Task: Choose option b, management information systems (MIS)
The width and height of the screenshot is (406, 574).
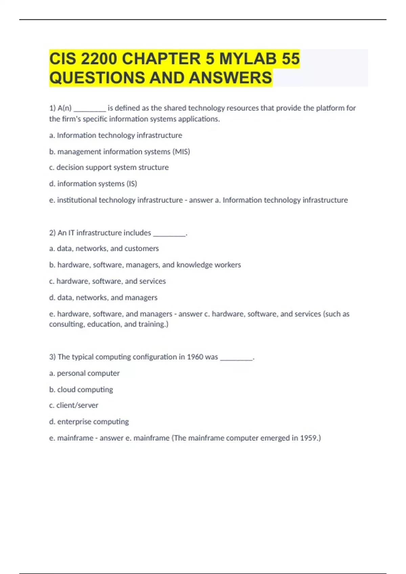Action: pyautogui.click(x=119, y=152)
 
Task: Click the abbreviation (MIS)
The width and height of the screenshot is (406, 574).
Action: pyautogui.click(x=181, y=152)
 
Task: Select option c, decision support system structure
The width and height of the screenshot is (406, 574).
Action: pyautogui.click(x=109, y=167)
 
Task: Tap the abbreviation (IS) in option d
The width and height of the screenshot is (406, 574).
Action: pyautogui.click(x=132, y=184)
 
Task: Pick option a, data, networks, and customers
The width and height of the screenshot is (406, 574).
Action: pyautogui.click(x=104, y=249)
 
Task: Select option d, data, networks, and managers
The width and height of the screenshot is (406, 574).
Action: pyautogui.click(x=103, y=297)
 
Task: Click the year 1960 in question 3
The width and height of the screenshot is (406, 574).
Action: pyautogui.click(x=195, y=357)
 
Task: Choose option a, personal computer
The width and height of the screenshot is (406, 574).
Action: pyautogui.click(x=84, y=373)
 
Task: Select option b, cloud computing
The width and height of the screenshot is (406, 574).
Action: pyautogui.click(x=81, y=390)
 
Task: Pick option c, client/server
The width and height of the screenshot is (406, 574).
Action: pyautogui.click(x=74, y=405)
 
